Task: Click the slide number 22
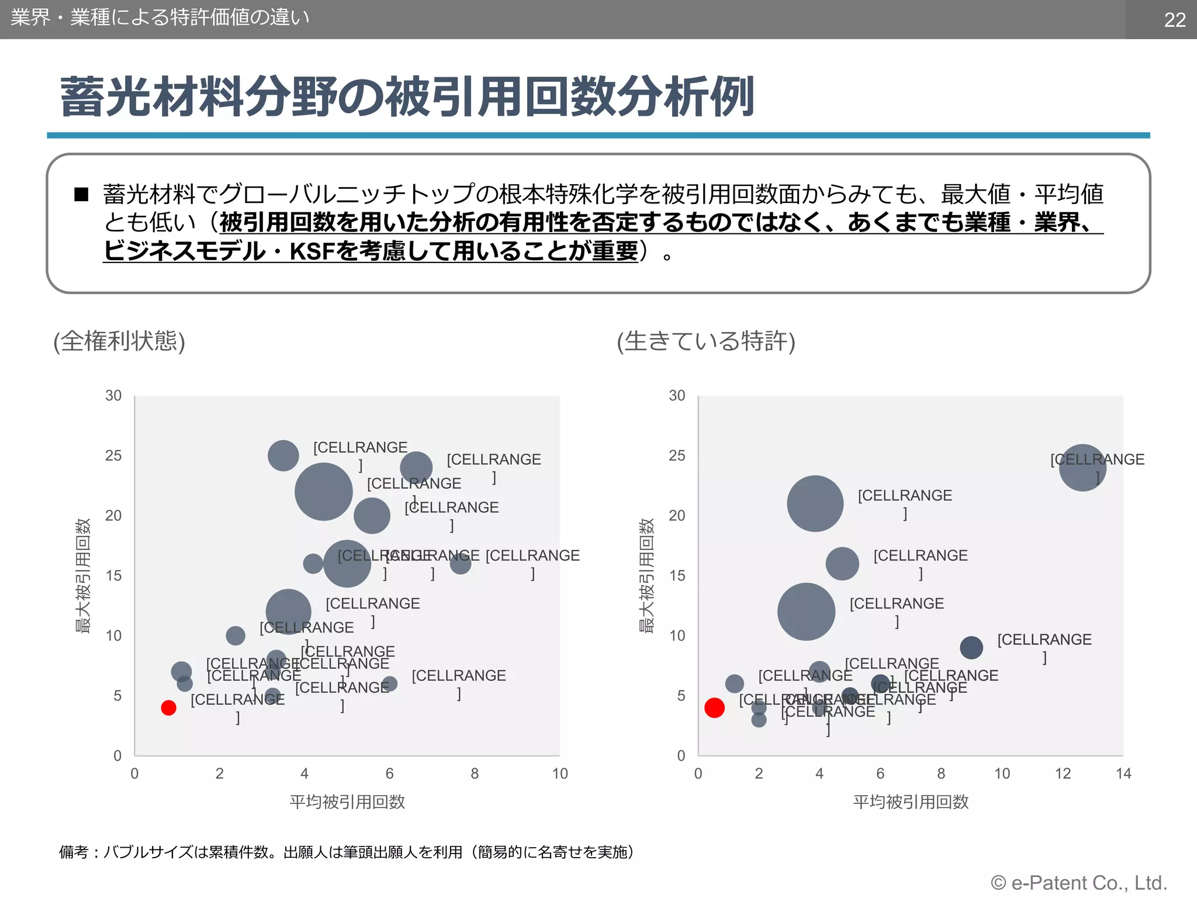pos(1174,20)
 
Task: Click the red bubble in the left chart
pos(168,708)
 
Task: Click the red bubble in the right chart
pos(714,708)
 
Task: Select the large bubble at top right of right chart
pos(1082,468)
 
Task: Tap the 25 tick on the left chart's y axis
pos(113,455)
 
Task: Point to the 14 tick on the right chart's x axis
pos(1123,774)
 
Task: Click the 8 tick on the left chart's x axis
pos(475,774)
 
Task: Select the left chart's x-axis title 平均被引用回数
pos(347,802)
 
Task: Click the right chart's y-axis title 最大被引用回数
pos(646,576)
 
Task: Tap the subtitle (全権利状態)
pos(119,341)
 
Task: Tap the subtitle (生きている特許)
pos(706,341)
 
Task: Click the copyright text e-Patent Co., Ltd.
pos(1078,883)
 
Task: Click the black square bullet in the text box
pos(81,195)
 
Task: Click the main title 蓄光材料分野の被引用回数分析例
pos(407,97)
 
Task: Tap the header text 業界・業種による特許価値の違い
pos(160,18)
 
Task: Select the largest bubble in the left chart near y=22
pos(323,492)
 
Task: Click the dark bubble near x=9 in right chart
pos(971,648)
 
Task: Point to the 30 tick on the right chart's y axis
pos(677,396)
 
